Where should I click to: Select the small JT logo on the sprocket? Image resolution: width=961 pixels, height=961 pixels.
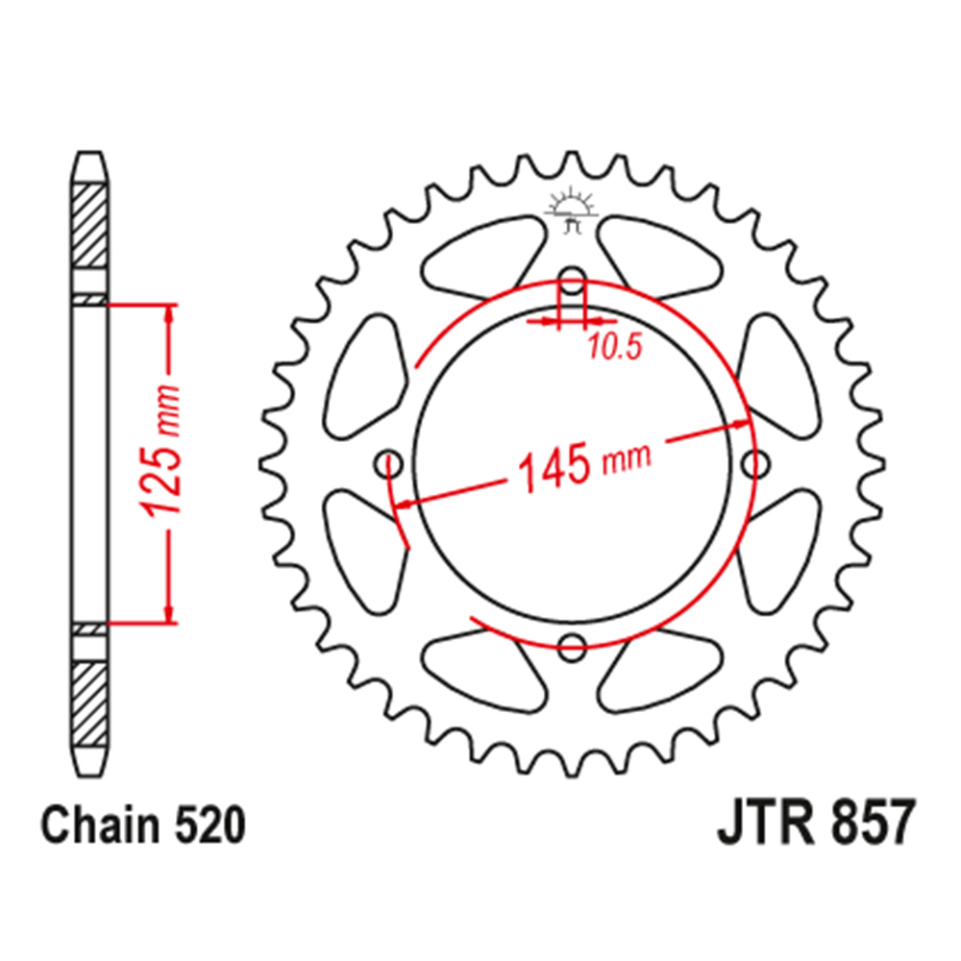[572, 212]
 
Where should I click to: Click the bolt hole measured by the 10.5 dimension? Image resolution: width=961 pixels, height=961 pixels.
[572, 285]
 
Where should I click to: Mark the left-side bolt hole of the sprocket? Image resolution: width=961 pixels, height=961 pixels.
[391, 461]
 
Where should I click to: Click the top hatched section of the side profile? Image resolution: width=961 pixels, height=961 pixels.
[90, 225]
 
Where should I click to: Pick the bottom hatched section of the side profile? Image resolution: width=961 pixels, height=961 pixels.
[90, 702]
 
